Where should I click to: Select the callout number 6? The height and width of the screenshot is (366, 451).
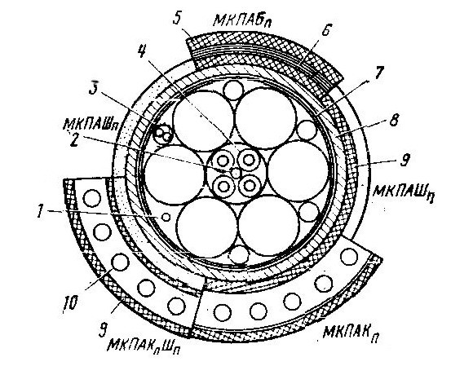(326, 29)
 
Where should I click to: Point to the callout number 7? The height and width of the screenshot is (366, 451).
(378, 73)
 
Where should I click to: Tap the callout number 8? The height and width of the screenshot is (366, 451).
(393, 120)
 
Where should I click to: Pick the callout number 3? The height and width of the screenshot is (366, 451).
(94, 87)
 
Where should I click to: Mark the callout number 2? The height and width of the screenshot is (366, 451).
(73, 140)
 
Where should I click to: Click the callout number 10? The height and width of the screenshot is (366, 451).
(70, 302)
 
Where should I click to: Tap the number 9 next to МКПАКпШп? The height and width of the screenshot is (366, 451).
(102, 330)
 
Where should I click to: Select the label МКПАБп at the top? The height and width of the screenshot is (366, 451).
(243, 20)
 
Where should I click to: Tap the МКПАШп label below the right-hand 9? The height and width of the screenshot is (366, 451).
(403, 190)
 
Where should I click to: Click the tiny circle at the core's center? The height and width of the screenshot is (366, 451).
(236, 173)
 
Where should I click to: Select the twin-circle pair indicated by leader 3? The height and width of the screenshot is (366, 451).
(163, 134)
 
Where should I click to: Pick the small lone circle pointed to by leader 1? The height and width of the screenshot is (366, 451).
(166, 217)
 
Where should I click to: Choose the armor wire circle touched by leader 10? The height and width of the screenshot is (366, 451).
(120, 262)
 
